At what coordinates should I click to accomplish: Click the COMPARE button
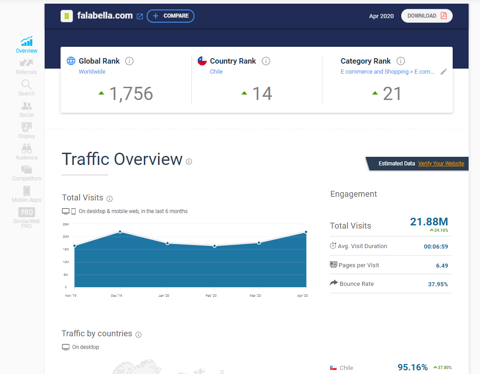click(170, 16)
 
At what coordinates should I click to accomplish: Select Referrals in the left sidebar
click(26, 66)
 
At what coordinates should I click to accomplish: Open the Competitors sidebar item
click(26, 173)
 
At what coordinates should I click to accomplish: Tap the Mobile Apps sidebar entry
click(26, 194)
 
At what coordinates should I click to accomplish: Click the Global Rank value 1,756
click(131, 94)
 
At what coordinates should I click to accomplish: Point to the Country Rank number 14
click(262, 94)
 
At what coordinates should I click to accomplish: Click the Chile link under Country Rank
click(216, 72)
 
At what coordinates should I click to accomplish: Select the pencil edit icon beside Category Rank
click(444, 72)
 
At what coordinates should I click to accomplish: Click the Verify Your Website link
click(441, 164)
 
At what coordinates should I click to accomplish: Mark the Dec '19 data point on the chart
click(120, 232)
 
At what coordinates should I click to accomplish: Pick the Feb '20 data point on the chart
click(214, 246)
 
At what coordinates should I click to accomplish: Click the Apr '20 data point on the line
click(306, 232)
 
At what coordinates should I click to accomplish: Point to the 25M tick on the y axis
click(66, 224)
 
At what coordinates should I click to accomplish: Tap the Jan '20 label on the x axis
click(164, 296)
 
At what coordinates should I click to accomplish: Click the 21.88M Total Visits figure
click(429, 222)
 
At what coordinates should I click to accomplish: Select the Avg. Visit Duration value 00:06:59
click(436, 246)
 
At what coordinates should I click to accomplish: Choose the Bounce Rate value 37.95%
click(439, 284)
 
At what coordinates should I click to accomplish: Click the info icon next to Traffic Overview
click(189, 161)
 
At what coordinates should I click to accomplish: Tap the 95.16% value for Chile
click(413, 367)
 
